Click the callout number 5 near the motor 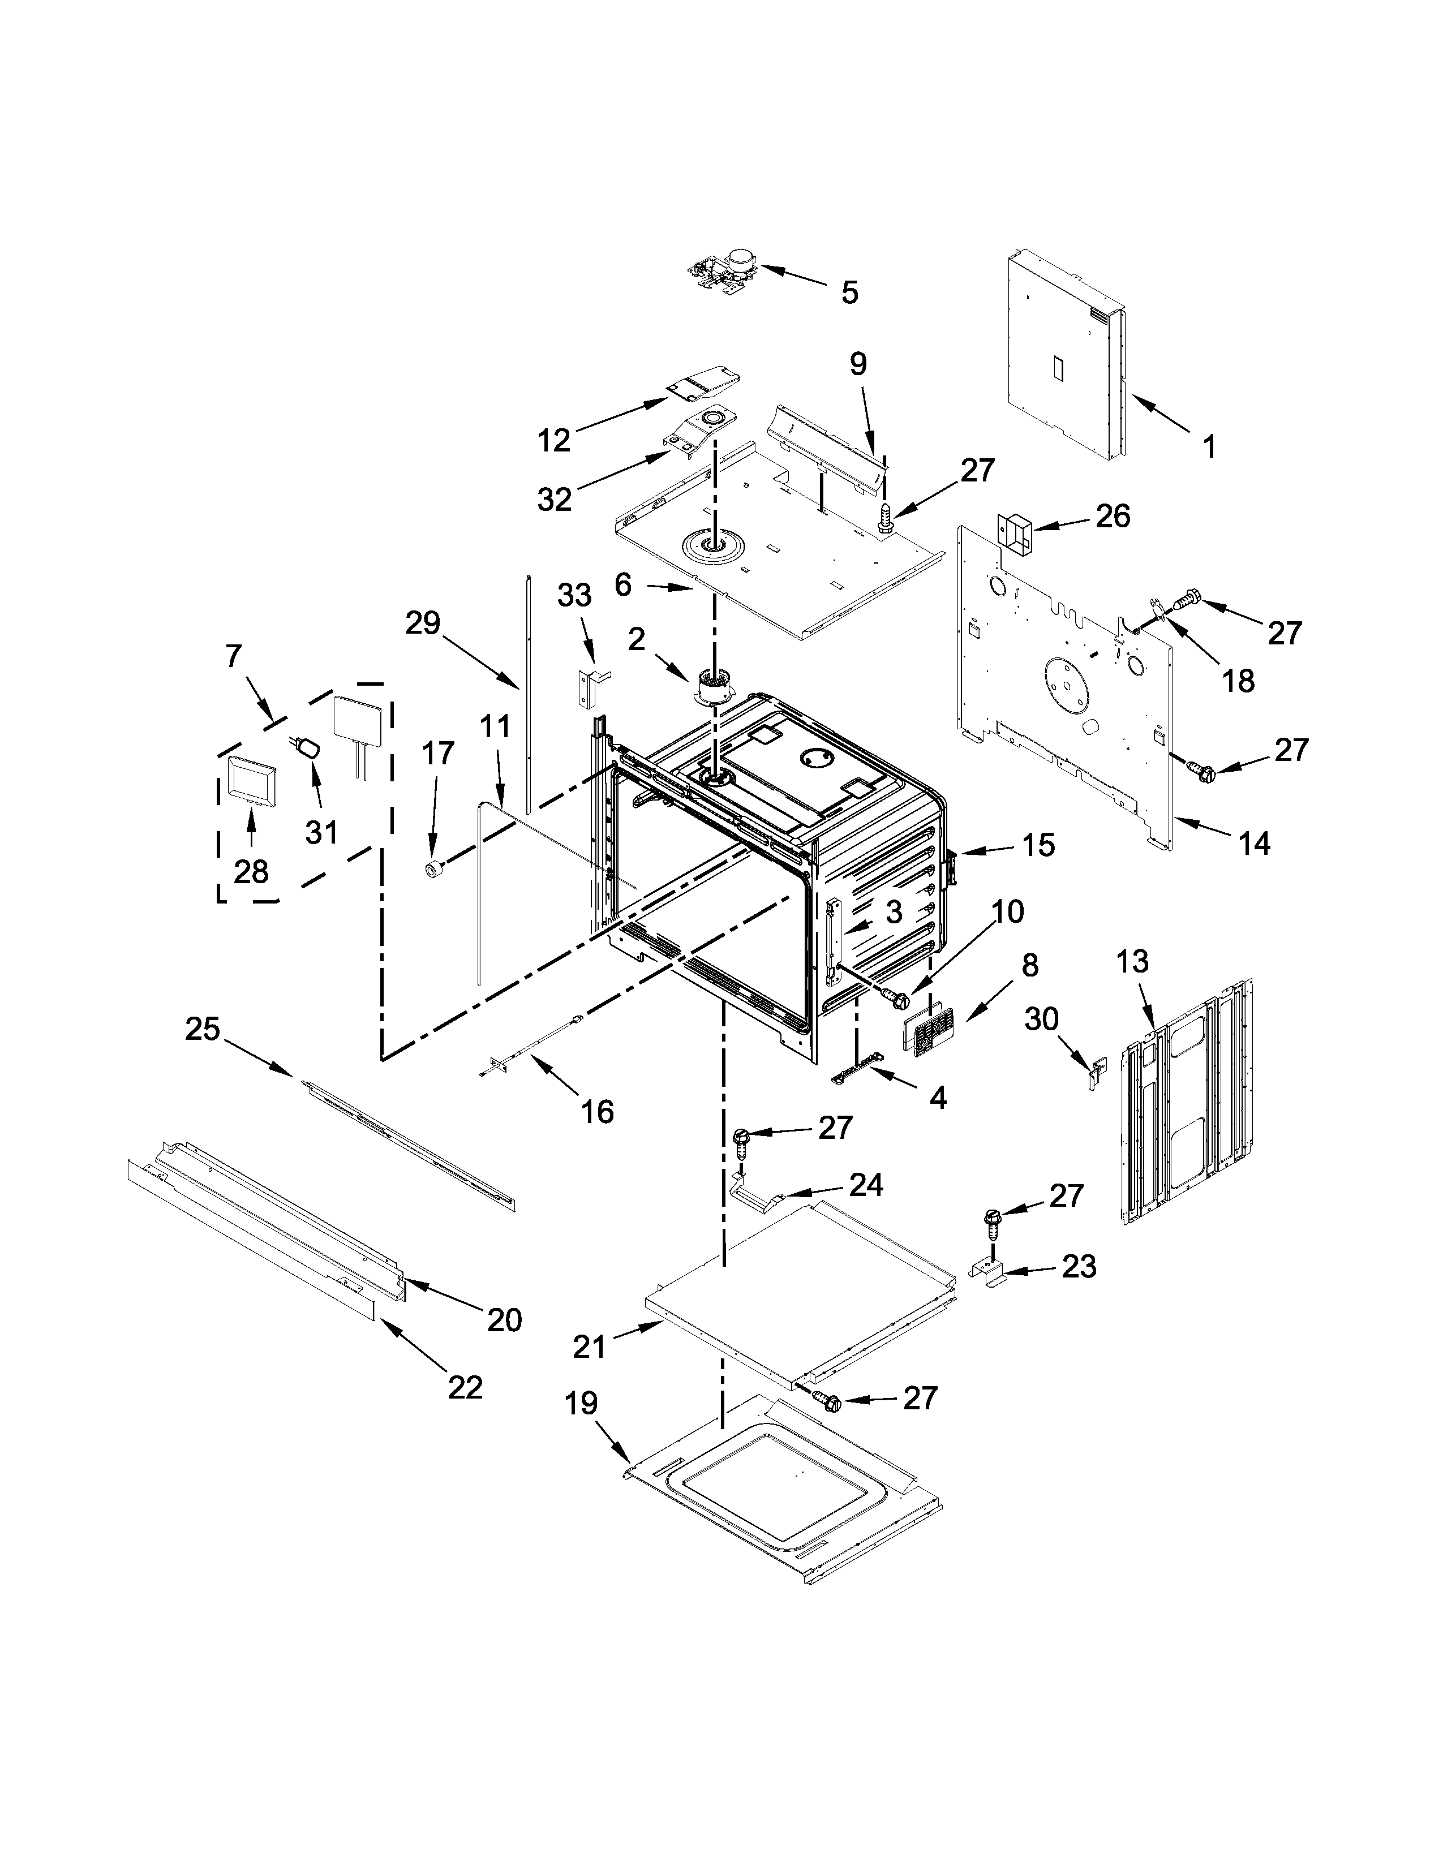(848, 292)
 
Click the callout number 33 (574, 596)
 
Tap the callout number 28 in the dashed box (251, 871)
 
